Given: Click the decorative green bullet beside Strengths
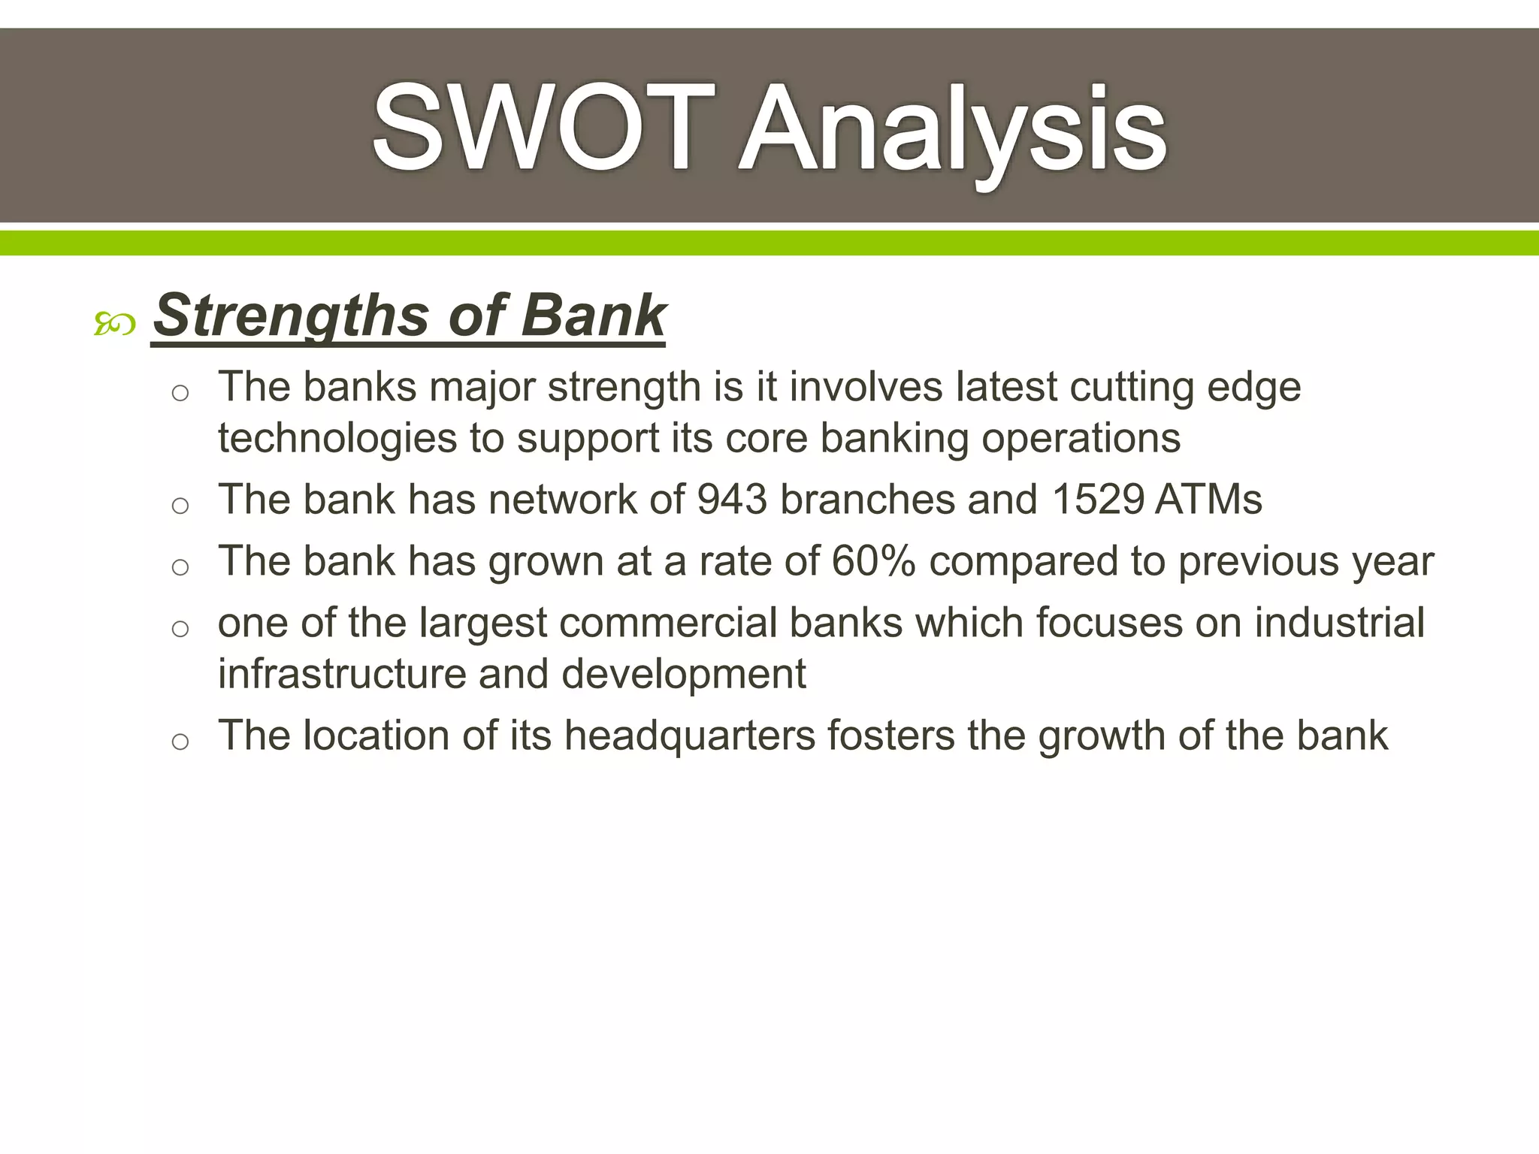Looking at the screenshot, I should pyautogui.click(x=115, y=325).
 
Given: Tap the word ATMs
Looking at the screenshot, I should pyautogui.click(x=1208, y=500).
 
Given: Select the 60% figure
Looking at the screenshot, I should pyautogui.click(x=873, y=561).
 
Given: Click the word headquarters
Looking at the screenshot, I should pyautogui.click(x=689, y=736).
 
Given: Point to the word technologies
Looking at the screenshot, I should pyautogui.click(x=337, y=439).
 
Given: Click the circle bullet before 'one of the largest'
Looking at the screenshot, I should pyautogui.click(x=180, y=629).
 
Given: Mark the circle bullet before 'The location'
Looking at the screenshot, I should pyautogui.click(x=180, y=742).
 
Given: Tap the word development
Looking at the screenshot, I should pyautogui.click(x=683, y=674).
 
